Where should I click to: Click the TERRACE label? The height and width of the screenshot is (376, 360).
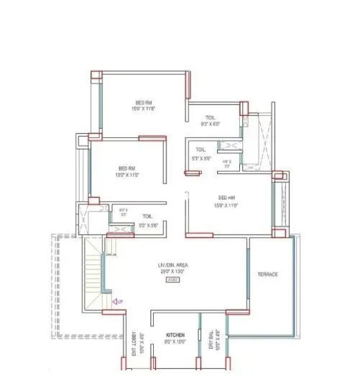click(x=267, y=275)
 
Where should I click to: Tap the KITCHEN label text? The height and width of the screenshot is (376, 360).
click(x=176, y=336)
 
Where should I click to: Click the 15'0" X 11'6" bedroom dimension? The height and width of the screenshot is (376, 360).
click(x=144, y=109)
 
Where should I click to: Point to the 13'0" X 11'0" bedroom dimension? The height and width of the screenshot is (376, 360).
click(x=127, y=175)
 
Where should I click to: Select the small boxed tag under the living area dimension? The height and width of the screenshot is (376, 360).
click(x=172, y=280)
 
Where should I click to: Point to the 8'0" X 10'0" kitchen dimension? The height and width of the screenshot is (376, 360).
click(x=176, y=343)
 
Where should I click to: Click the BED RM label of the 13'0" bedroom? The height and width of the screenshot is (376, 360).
click(x=127, y=168)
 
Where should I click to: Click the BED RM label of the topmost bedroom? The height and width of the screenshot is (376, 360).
click(x=144, y=102)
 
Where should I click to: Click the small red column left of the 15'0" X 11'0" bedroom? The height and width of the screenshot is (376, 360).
click(x=192, y=172)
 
